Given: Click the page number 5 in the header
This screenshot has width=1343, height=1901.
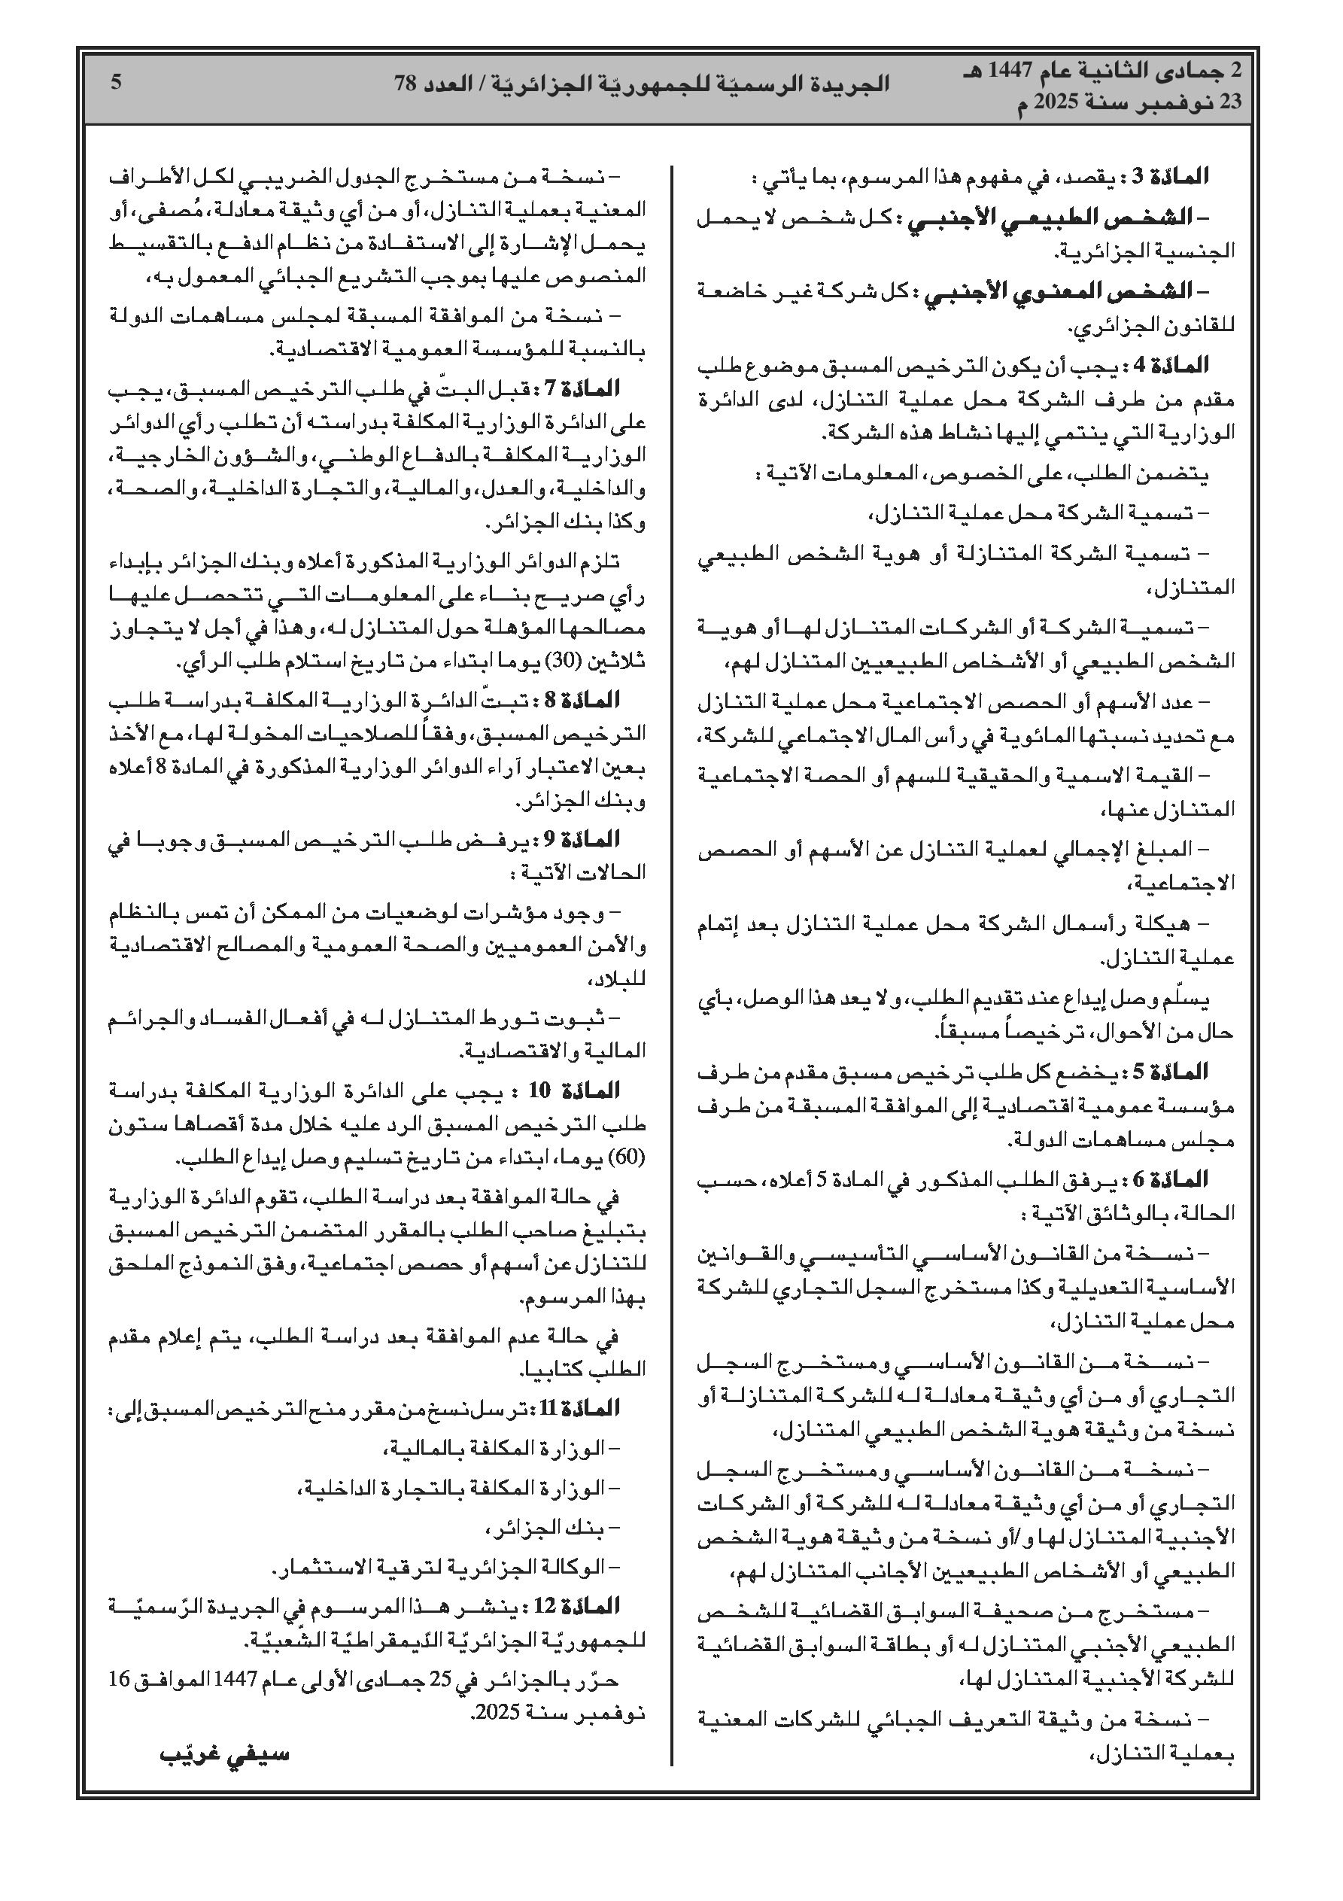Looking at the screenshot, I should (x=117, y=82).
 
